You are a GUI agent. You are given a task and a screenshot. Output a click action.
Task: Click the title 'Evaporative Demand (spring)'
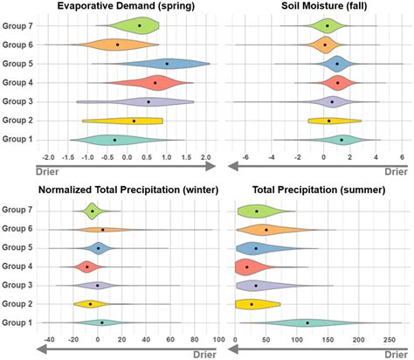click(x=128, y=8)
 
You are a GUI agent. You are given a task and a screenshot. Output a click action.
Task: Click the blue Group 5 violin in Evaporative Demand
click(x=166, y=63)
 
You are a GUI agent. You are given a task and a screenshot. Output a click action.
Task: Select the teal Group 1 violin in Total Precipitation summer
click(x=306, y=322)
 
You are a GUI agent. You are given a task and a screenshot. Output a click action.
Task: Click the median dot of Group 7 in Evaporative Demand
click(x=140, y=26)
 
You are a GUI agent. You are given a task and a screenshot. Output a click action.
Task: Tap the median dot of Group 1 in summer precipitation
click(x=307, y=322)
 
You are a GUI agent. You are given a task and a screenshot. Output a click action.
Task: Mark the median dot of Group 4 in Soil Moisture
click(x=338, y=83)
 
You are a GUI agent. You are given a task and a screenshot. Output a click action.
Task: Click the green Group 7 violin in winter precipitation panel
click(x=93, y=211)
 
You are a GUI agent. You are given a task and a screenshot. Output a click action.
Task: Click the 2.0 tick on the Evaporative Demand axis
click(x=205, y=157)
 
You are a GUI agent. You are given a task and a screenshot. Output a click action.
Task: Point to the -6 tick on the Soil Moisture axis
click(x=245, y=157)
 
